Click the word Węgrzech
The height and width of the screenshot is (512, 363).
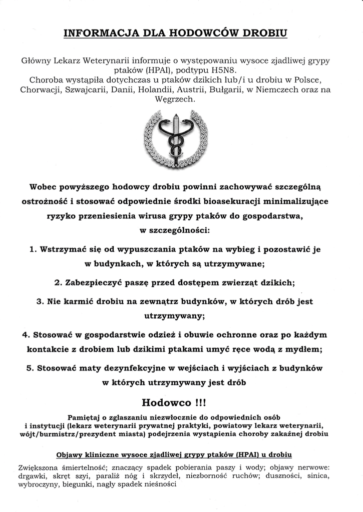[181, 99]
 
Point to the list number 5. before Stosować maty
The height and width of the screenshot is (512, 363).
[31, 368]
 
